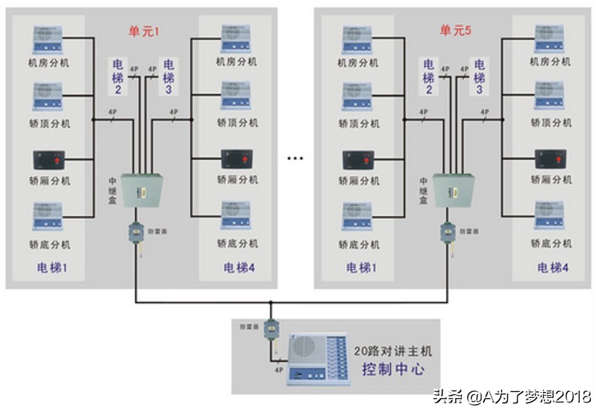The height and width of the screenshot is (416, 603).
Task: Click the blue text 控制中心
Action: click(x=393, y=369)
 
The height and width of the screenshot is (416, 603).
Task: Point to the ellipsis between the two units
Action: click(x=296, y=159)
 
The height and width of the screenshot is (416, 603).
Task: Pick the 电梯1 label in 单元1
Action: click(x=53, y=267)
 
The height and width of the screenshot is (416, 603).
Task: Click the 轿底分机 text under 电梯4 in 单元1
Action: click(x=237, y=243)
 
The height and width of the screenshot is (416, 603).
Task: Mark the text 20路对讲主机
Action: click(x=394, y=350)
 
